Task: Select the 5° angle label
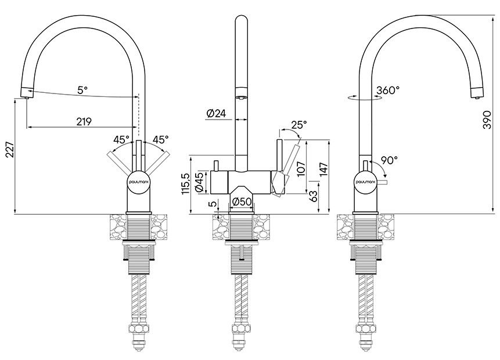82,90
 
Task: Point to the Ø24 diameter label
216,113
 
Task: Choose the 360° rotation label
388,91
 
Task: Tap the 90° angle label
389,160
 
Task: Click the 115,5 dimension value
186,184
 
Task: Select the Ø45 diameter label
199,183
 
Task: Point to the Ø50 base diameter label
240,201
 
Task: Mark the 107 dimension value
301,167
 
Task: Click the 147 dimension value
323,168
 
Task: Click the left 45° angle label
121,139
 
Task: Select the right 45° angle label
160,139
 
